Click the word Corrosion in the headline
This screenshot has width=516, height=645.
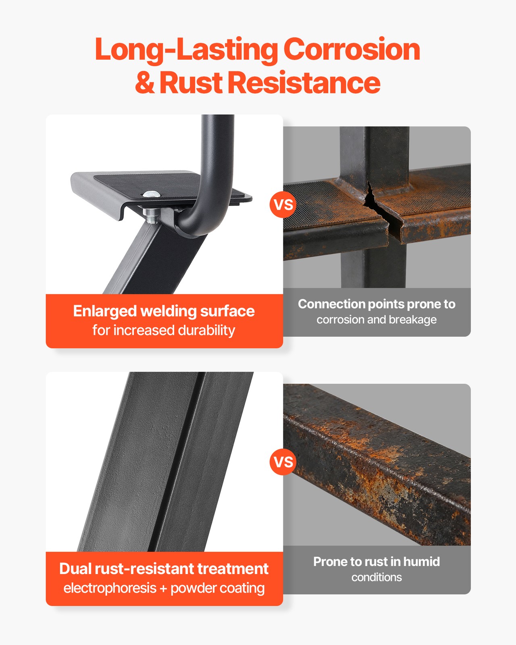[352, 50]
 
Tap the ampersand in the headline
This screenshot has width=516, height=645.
[145, 82]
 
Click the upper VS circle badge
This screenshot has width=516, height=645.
[283, 205]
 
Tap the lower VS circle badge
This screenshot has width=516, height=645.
[283, 462]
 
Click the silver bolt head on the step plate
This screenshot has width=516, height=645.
[152, 194]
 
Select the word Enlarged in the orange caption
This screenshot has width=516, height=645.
[105, 312]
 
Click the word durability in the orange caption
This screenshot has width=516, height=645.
[206, 331]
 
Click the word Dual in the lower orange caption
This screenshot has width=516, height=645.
[75, 568]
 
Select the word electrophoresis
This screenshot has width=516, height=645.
[110, 588]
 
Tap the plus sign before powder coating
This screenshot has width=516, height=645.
[163, 589]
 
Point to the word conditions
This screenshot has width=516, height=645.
[377, 577]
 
